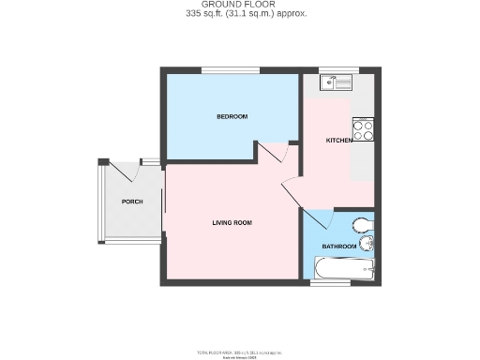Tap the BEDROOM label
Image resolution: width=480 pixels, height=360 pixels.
point(232,116)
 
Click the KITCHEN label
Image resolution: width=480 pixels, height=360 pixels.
point(338,141)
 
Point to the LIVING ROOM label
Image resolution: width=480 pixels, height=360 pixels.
point(232,222)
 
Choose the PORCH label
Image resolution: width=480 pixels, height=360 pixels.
point(131,202)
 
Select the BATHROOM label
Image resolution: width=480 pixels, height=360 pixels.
point(338,247)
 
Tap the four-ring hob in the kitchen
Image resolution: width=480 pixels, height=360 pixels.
point(363,131)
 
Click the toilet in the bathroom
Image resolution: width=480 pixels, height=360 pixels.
point(364,225)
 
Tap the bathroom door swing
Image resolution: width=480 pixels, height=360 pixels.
point(319,222)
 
